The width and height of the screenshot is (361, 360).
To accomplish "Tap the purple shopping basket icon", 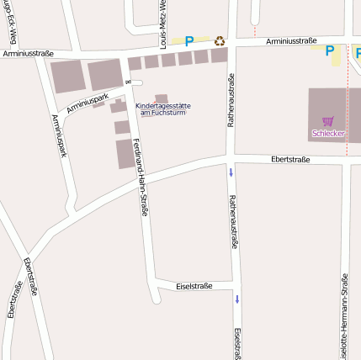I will click(327, 121).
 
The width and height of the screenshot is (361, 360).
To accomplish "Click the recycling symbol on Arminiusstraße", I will click(220, 40).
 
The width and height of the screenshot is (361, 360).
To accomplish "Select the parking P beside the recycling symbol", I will click(189, 40).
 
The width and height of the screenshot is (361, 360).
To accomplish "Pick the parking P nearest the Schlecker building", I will click(329, 50).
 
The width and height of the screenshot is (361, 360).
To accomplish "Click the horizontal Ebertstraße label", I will click(290, 159).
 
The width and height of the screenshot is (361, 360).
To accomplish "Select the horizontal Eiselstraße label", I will click(194, 286).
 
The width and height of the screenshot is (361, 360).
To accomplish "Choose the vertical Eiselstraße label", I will click(238, 342).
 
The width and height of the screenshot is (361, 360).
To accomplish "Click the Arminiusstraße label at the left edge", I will click(27, 54).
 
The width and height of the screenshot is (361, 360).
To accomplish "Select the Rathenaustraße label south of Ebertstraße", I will click(233, 222).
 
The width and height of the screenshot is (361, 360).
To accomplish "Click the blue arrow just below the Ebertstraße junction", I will click(231, 172).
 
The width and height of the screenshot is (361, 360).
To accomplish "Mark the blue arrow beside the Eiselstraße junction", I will click(237, 299).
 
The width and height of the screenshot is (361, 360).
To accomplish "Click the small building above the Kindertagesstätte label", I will click(161, 98).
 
